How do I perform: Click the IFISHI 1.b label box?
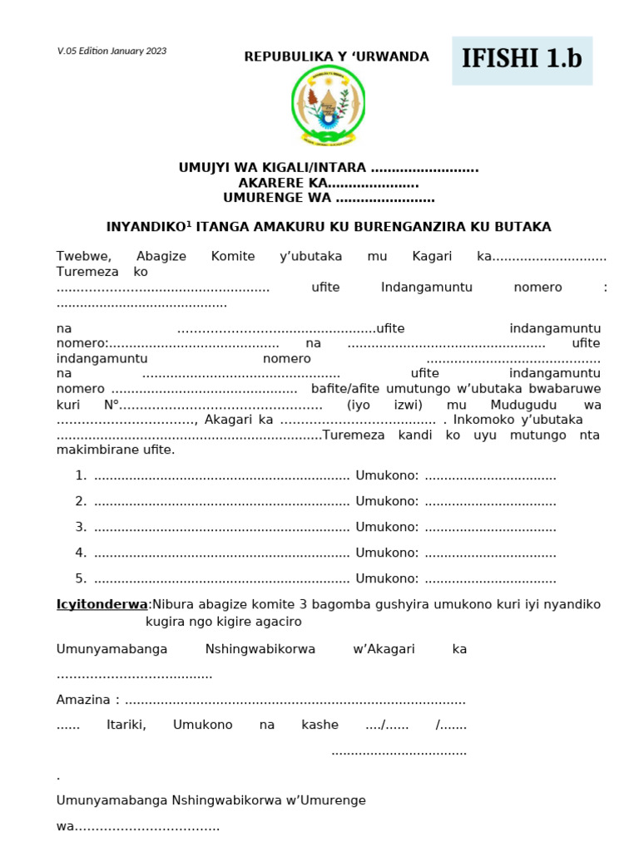point(522,60)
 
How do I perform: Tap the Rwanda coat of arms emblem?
point(328,106)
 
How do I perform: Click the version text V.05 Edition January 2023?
point(111,52)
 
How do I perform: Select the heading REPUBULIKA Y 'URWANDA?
point(336,57)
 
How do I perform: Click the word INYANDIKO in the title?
point(137,227)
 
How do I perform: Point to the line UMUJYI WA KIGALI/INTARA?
point(328,168)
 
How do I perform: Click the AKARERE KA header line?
point(328,183)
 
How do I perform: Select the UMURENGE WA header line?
point(328,198)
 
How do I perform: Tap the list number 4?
point(81,553)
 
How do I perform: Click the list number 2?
point(81,501)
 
